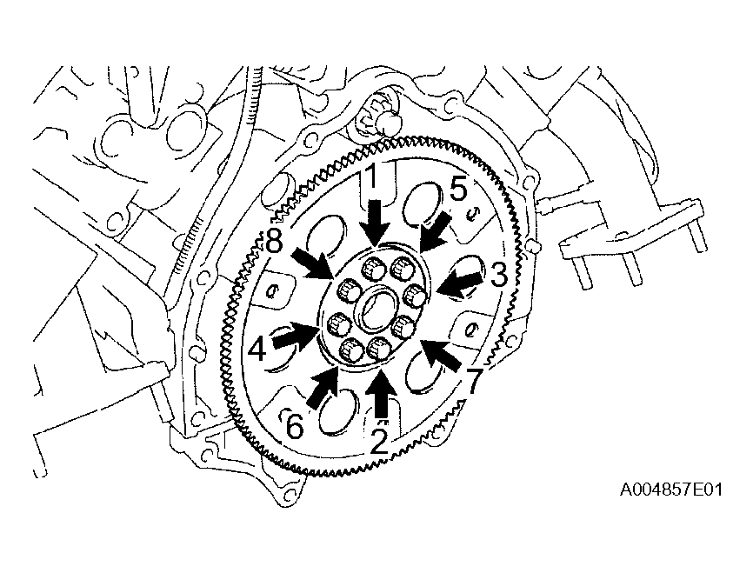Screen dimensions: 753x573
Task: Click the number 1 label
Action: [371, 178]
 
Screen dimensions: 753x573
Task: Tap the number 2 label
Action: [379, 442]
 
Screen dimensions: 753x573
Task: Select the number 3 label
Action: [499, 276]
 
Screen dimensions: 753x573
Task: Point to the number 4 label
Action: [257, 349]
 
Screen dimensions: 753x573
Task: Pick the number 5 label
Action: [457, 190]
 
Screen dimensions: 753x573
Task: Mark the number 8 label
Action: [274, 242]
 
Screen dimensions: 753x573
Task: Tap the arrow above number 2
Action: [382, 391]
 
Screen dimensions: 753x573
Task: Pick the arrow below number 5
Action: [436, 233]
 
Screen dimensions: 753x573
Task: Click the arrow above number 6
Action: [323, 388]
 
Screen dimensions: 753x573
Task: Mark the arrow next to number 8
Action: [314, 264]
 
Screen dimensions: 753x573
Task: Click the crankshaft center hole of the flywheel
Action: [378, 310]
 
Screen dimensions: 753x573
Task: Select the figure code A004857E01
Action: [671, 490]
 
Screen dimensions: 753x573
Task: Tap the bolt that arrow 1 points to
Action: [373, 267]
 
